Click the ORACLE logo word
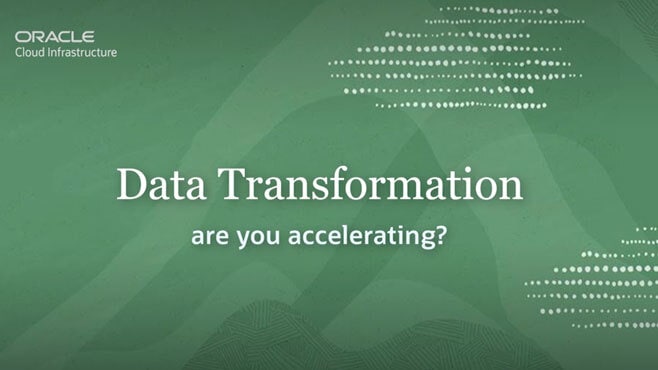coord(54,36)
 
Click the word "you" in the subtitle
coord(254,241)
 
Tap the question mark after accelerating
coord(440,239)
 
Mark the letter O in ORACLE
coord(22,36)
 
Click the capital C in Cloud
coord(19,52)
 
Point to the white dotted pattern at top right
coord(460,60)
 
